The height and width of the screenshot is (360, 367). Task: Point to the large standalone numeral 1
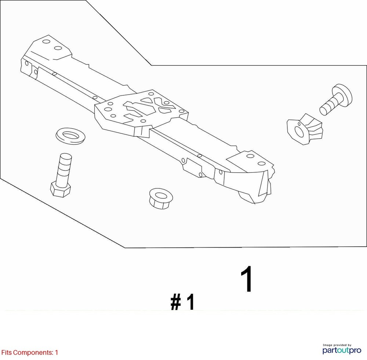click(247, 279)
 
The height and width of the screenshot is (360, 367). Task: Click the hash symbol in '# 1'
click(177, 303)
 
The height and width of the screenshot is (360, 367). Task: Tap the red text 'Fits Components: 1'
click(30, 353)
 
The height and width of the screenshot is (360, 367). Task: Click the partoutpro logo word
click(341, 351)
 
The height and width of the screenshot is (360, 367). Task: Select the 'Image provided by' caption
click(337, 345)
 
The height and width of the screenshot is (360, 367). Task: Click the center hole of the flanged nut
click(160, 194)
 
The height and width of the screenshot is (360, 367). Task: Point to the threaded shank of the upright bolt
click(64, 167)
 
